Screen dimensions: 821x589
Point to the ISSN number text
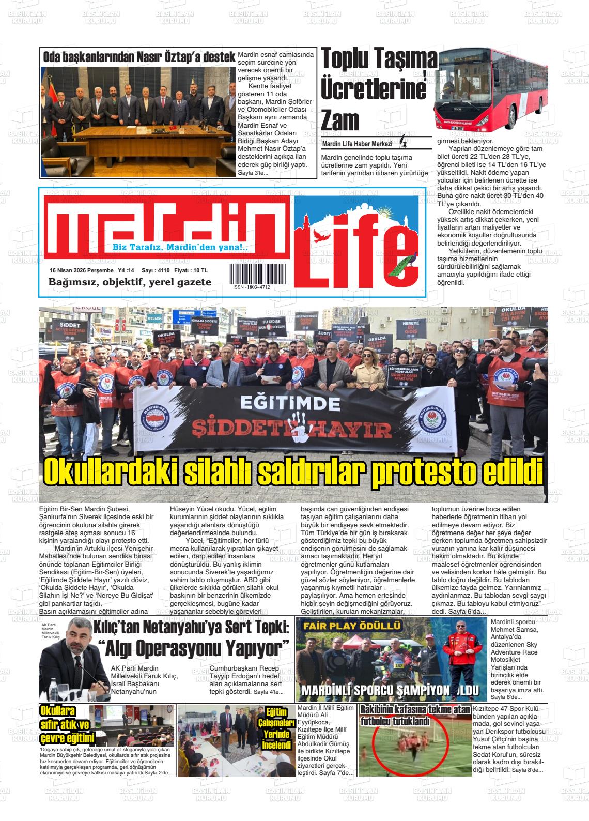click(251, 287)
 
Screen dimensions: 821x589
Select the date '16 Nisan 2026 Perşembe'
click(81, 270)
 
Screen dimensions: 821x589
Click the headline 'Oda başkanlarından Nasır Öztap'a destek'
click(138, 57)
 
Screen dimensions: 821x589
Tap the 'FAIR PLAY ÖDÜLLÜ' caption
click(352, 626)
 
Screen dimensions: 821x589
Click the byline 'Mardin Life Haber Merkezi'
click(357, 144)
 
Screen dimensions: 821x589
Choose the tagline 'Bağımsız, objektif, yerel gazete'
click(130, 282)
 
